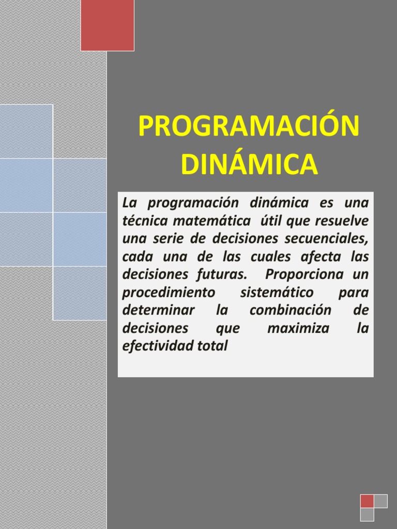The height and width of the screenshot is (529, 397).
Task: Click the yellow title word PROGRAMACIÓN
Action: click(x=249, y=128)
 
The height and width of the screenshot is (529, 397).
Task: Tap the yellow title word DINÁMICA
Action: click(x=249, y=164)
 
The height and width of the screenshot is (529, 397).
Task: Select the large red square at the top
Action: click(x=108, y=25)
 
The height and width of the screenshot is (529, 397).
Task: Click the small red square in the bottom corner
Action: click(x=367, y=501)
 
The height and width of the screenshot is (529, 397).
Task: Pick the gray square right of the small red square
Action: click(x=381, y=501)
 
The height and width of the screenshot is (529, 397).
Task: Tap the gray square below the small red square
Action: click(x=367, y=515)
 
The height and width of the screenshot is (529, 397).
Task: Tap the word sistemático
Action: click(x=277, y=293)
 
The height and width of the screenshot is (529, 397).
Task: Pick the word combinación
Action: click(x=290, y=311)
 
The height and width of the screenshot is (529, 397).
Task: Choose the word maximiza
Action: click(x=298, y=329)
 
